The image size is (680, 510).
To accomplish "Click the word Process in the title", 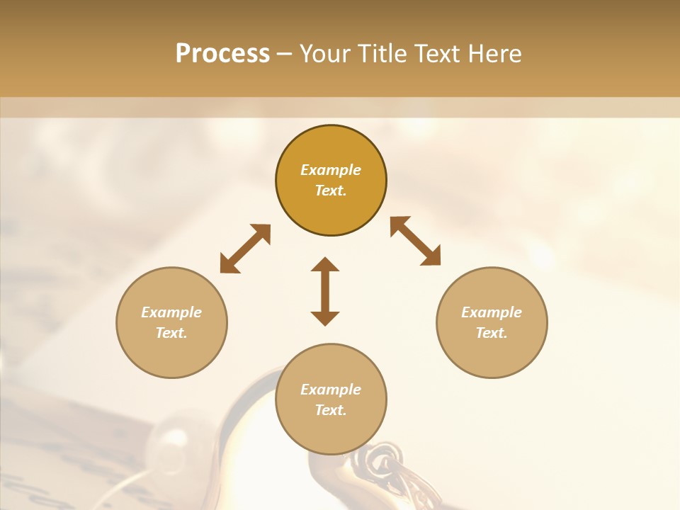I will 222,54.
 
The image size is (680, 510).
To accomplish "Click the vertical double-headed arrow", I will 325,291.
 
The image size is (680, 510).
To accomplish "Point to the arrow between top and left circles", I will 245,249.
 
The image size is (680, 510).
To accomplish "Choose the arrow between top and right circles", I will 416,241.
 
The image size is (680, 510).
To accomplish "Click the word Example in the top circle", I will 331,170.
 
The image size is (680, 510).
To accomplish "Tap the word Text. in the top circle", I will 331,191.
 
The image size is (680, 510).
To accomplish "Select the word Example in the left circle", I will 171,312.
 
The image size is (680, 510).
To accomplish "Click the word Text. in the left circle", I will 171,333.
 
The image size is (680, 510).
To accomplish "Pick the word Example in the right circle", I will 492,312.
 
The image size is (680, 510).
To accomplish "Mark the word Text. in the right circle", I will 492,333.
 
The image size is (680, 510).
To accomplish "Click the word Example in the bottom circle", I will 331,390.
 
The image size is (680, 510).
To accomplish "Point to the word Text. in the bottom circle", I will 331,410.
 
